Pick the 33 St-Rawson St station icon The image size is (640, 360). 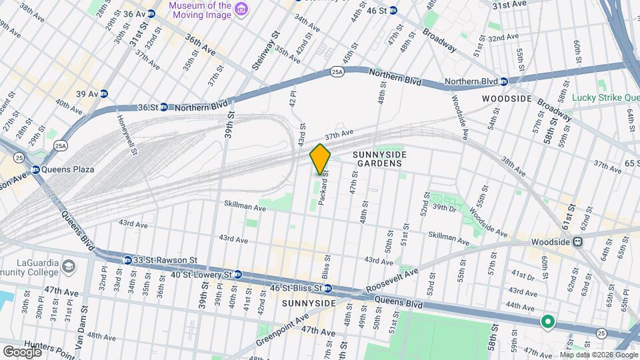pyautogui.click(x=127, y=259)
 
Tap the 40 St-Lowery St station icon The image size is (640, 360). pyautogui.click(x=237, y=274)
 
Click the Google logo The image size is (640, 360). pyautogui.click(x=22, y=351)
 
